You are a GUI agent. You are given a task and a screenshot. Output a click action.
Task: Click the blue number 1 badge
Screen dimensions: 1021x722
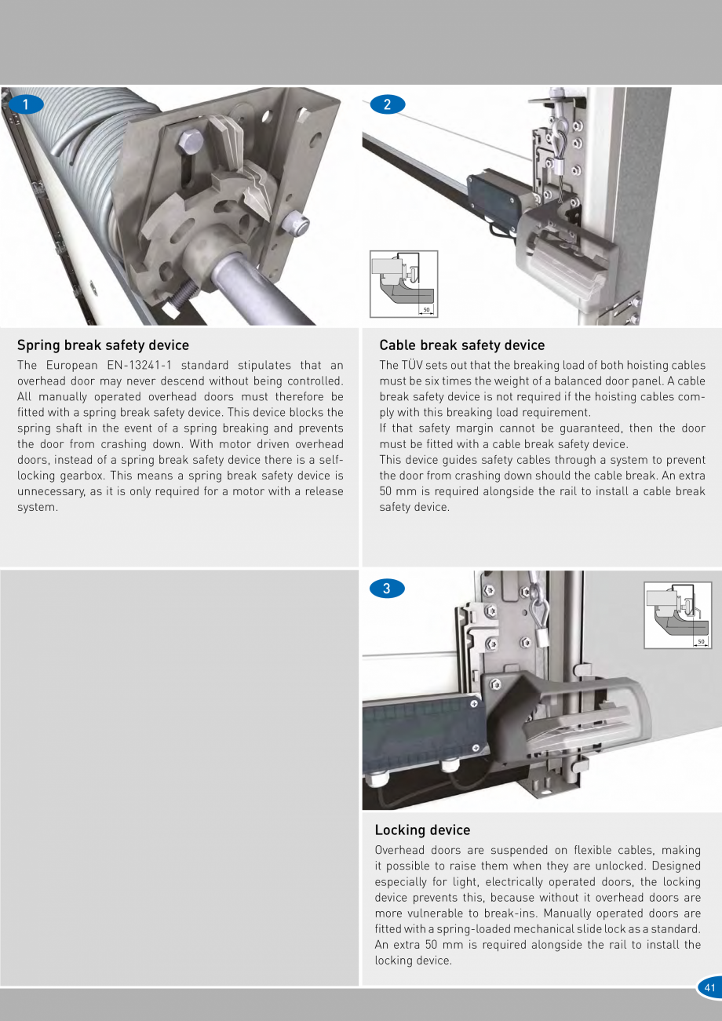point(27,104)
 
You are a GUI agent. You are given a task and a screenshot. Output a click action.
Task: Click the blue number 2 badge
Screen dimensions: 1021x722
point(388,104)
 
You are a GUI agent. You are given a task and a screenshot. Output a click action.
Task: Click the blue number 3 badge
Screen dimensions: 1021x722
point(386,588)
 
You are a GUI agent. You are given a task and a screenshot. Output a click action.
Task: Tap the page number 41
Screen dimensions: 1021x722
point(709,988)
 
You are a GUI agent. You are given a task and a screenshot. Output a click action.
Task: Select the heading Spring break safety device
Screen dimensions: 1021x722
point(103,345)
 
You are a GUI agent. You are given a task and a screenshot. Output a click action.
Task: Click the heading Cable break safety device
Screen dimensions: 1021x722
point(461,345)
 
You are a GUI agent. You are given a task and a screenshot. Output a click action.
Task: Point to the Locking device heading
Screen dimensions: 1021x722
point(422,830)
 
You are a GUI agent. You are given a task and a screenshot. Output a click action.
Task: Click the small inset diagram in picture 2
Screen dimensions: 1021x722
point(403,284)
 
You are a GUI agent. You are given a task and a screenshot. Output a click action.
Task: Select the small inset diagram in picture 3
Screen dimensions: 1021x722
point(677,615)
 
